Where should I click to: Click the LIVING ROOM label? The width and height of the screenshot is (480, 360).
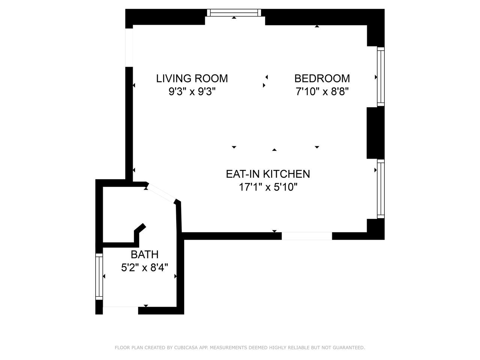tap(192, 78)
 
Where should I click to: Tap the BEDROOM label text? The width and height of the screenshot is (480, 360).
tap(322, 78)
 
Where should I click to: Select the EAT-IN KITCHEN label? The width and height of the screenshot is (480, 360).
tap(268, 174)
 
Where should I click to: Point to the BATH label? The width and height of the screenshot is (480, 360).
tap(144, 254)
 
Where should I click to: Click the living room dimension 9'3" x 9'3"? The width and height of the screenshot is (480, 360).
tap(192, 91)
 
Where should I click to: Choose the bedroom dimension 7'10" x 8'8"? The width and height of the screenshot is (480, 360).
tap(322, 91)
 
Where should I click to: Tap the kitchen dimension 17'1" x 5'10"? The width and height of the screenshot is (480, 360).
tap(268, 187)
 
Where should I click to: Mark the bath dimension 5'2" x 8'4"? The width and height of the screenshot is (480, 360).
tap(144, 267)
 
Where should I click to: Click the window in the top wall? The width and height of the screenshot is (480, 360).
tap(234, 13)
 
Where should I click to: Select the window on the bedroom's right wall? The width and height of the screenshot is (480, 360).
tap(381, 77)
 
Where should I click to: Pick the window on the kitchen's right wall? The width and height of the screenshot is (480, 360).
tap(381, 189)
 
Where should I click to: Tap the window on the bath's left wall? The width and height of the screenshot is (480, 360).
tap(99, 276)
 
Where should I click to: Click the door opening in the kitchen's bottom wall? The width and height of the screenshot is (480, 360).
tap(307, 236)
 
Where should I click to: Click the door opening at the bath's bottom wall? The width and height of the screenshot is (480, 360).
tap(120, 310)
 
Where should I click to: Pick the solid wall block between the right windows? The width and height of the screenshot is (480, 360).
tap(375, 133)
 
